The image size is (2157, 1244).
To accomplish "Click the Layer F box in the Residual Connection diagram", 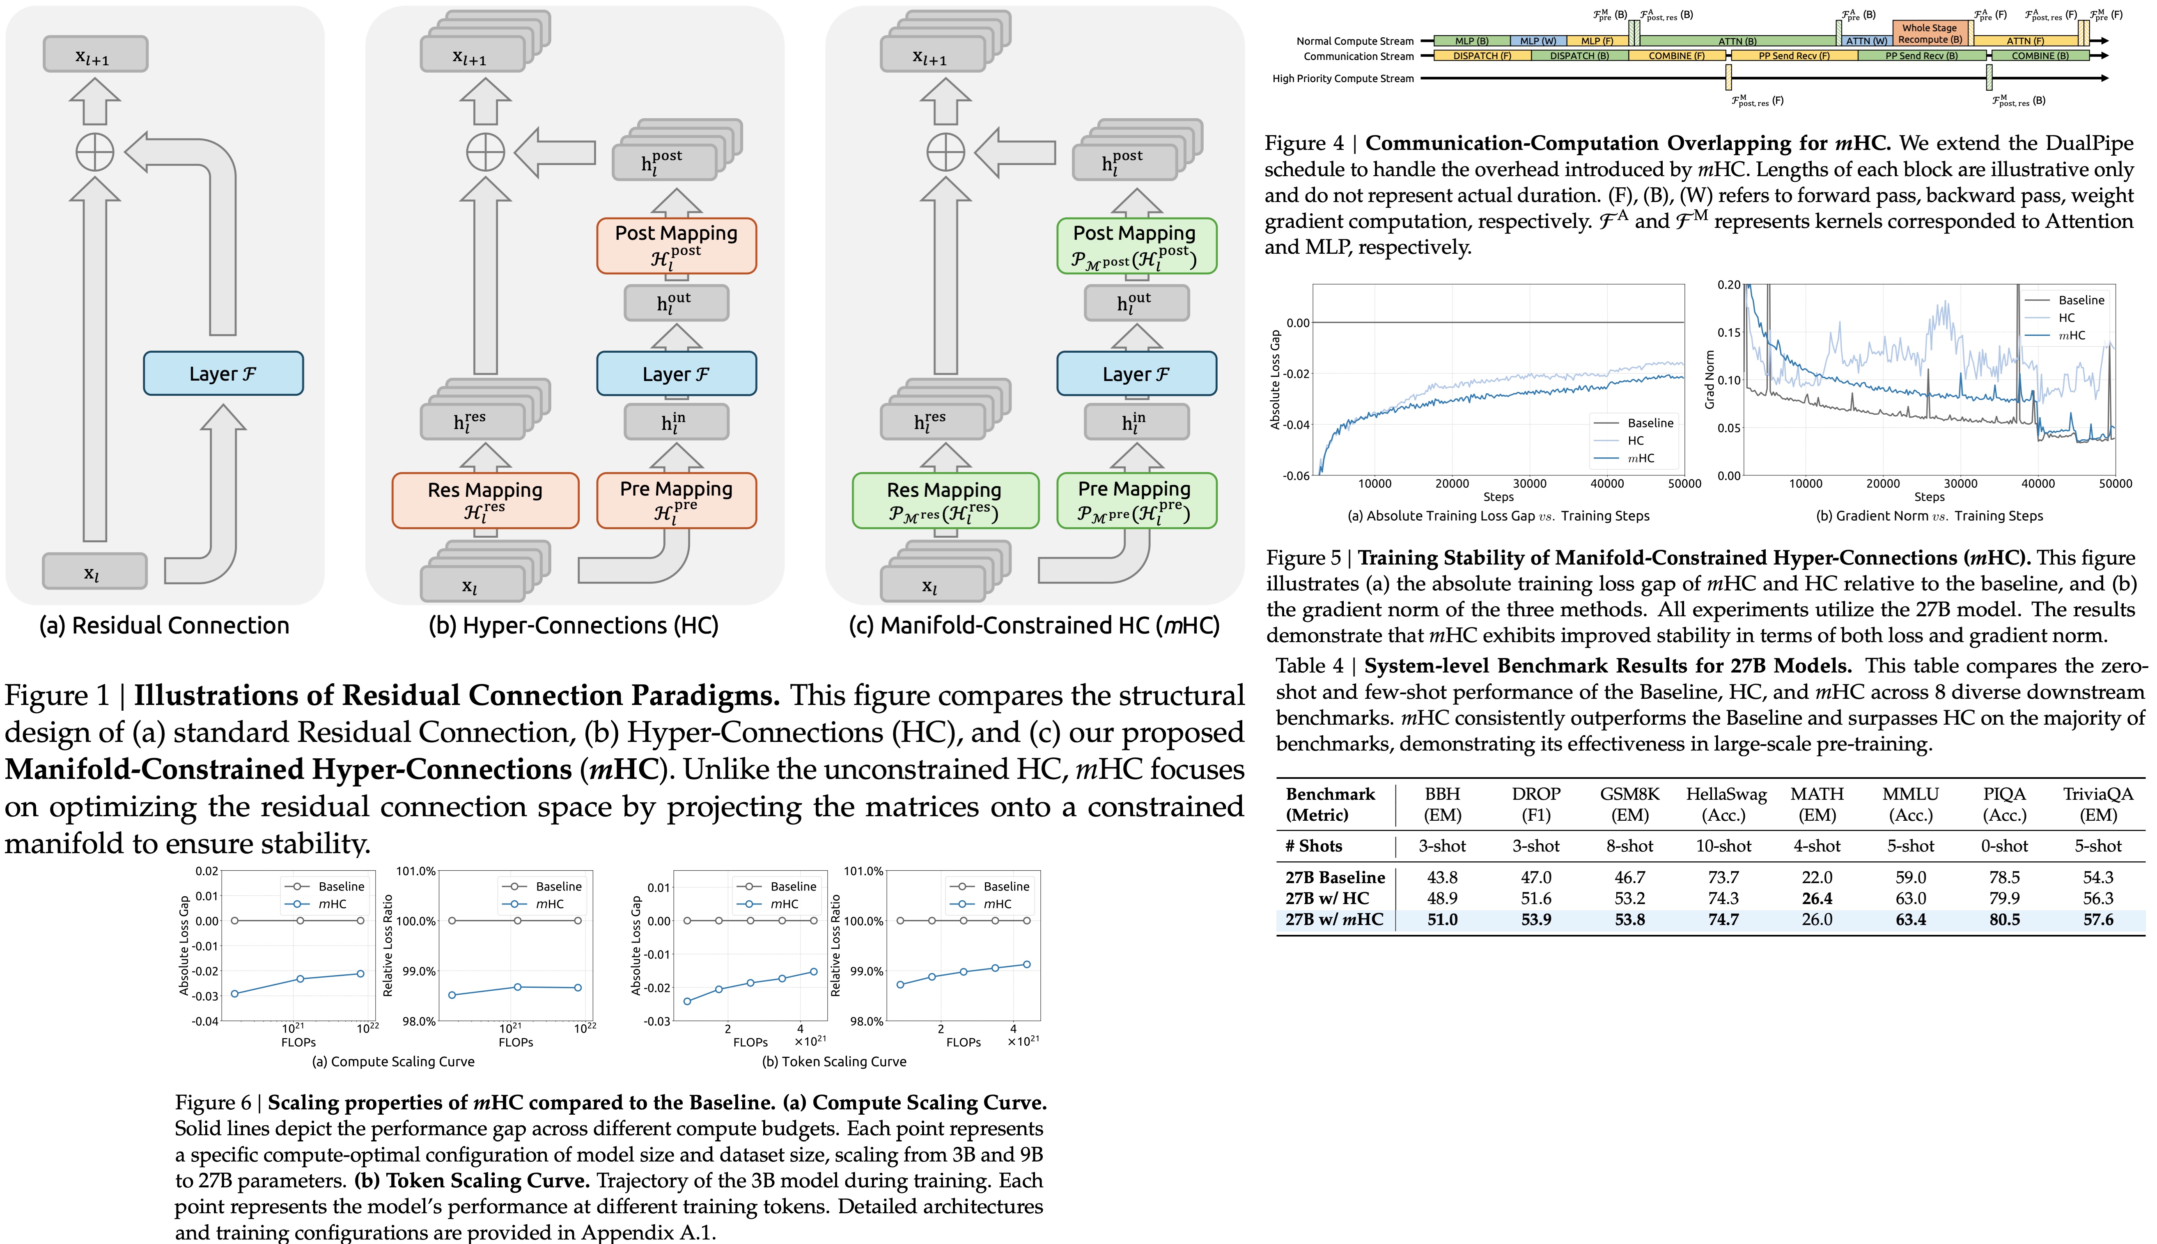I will point(223,373).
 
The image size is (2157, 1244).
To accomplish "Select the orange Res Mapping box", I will point(485,500).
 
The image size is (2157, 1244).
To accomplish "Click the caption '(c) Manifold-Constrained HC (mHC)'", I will point(1034,625).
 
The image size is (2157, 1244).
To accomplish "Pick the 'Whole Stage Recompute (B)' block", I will point(1930,33).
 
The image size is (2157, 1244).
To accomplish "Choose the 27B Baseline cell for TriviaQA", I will point(2098,877).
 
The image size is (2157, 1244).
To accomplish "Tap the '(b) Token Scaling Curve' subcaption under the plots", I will point(834,1061).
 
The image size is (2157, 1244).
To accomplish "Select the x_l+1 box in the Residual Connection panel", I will point(95,55).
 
